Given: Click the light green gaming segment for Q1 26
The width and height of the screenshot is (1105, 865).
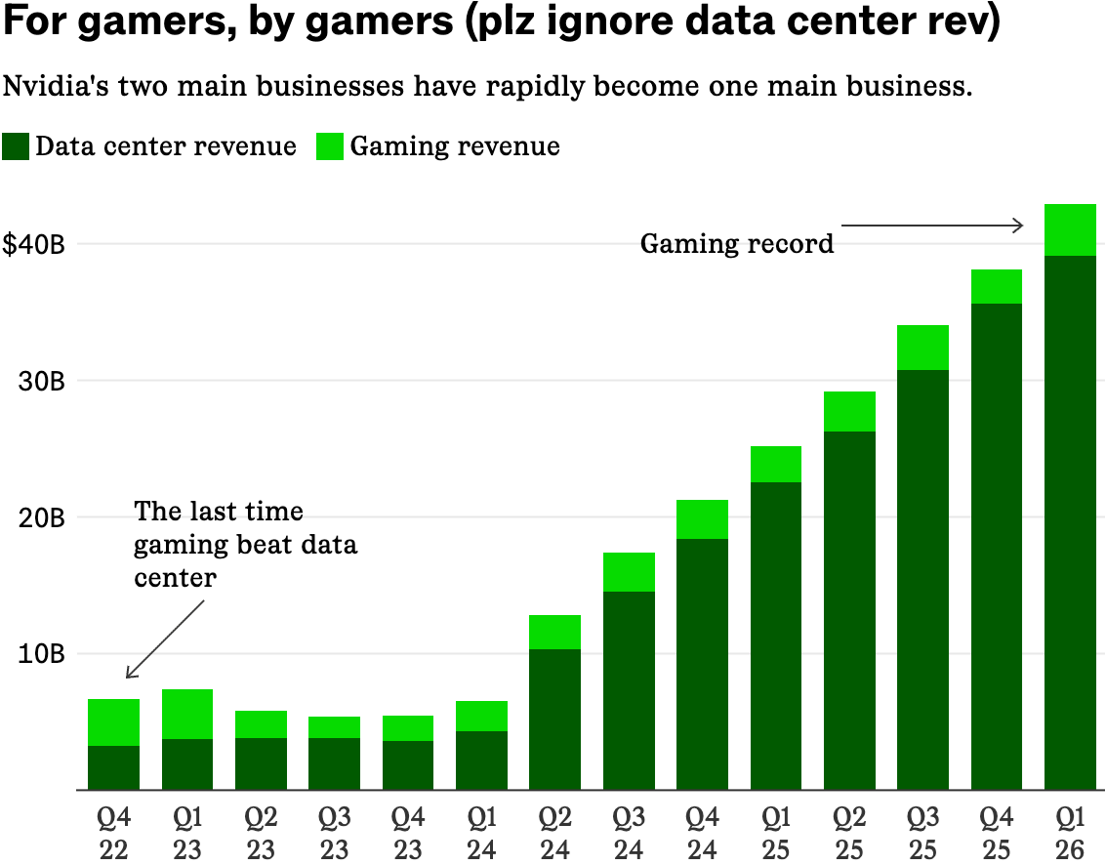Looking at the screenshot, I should click(x=1071, y=230).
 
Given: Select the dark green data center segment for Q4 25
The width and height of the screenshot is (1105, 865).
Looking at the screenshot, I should click(x=997, y=547).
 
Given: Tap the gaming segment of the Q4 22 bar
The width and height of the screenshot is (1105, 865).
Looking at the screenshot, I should click(x=113, y=722).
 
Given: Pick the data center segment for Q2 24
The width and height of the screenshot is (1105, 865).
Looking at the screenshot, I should click(x=555, y=720).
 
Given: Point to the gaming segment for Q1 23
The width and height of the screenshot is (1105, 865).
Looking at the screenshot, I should click(x=187, y=715).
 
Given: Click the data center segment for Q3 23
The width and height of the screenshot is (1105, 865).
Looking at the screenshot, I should click(x=334, y=763).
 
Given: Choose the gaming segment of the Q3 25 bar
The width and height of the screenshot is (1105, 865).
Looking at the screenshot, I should click(x=923, y=348).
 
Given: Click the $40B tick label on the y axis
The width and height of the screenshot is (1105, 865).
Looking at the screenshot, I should click(x=34, y=244).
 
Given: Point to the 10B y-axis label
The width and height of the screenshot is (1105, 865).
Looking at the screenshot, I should click(x=40, y=654).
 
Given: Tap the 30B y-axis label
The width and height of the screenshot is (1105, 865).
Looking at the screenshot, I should click(x=40, y=381).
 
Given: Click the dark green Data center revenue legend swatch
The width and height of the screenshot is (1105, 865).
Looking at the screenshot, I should click(x=17, y=146).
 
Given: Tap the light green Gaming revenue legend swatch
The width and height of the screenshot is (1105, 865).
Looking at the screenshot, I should click(x=330, y=146).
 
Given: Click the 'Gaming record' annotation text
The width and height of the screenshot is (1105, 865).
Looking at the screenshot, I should click(x=737, y=243).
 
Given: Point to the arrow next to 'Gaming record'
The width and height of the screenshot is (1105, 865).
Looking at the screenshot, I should click(x=932, y=226).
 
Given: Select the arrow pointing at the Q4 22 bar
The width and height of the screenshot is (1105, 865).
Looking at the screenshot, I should click(x=164, y=639).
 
